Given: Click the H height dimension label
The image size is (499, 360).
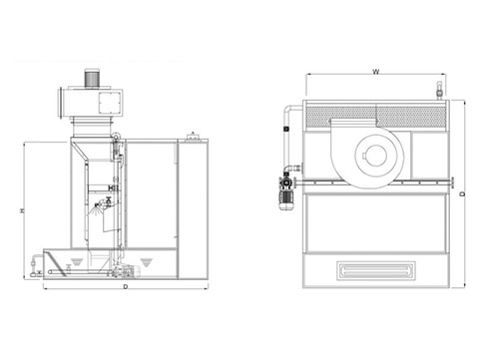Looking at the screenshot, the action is tap(23, 210).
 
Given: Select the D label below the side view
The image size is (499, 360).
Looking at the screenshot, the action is tap(126, 286).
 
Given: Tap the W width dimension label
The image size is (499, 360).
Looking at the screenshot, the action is tap(375, 71).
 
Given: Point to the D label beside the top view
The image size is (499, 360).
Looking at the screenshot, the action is tap(462, 193).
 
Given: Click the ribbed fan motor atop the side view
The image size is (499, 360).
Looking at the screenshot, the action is tap(91, 78).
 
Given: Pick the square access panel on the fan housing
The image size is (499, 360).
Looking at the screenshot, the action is tap(110, 103).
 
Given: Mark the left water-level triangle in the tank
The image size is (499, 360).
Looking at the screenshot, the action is tap(76, 261).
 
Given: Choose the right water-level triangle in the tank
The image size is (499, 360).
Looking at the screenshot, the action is tap(146, 262).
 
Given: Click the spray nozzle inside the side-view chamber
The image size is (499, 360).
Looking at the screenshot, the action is tap(97, 206).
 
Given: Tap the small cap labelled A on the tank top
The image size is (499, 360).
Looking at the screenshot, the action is tap(193, 136).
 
